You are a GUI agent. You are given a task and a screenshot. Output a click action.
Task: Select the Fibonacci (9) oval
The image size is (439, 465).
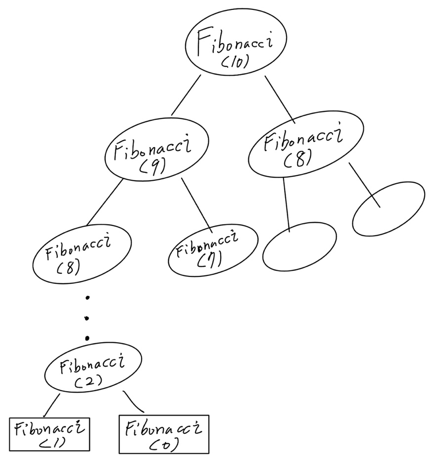(156, 154)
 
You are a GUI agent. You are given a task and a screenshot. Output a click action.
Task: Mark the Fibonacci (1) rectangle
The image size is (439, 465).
(49, 434)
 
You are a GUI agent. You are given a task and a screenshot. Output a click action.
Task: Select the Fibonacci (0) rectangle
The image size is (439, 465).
(164, 434)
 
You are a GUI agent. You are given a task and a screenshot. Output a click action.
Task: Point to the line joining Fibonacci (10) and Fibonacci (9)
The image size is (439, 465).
(186, 95)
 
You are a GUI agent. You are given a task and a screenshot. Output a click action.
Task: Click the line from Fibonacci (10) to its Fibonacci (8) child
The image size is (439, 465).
(280, 99)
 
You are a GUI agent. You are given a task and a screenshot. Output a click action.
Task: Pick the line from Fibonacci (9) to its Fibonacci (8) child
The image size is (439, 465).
(105, 203)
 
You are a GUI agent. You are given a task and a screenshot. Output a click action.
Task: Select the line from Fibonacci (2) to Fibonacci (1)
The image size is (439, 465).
(51, 405)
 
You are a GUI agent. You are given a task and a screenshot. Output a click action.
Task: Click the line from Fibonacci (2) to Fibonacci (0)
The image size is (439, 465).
(134, 403)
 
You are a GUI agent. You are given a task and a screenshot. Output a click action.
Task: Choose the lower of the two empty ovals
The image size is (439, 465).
(299, 247)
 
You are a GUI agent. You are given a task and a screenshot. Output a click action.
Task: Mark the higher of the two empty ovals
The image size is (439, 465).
(389, 208)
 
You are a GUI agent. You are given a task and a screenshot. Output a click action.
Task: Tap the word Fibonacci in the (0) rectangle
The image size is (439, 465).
(163, 427)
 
